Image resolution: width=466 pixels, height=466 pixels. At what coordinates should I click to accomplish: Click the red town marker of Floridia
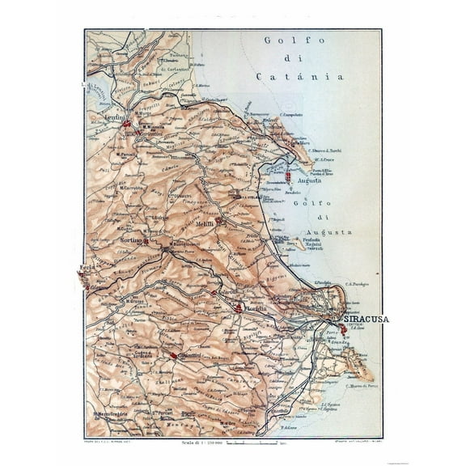(x=239, y=307)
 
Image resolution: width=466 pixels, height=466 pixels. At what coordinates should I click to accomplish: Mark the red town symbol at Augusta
(x=288, y=174)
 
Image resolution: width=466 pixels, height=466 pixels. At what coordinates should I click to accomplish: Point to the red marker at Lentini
(x=126, y=124)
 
